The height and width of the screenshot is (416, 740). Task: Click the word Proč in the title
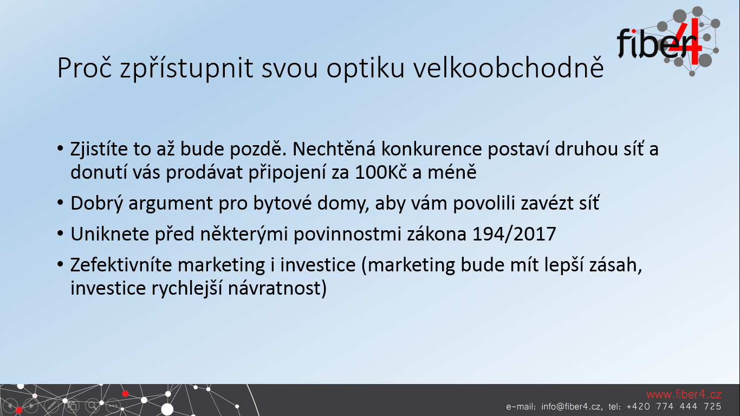(85, 68)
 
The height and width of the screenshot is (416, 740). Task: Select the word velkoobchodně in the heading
(509, 68)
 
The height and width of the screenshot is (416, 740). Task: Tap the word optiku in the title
(366, 70)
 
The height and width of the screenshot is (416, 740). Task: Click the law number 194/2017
(514, 234)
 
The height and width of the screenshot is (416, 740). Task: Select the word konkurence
(432, 149)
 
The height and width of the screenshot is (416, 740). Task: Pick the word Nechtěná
(334, 149)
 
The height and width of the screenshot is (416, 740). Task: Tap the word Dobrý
(97, 203)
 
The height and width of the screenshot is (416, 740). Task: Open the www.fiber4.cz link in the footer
(684, 394)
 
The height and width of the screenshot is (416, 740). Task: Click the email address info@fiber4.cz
(572, 407)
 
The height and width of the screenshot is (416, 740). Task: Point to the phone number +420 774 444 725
(674, 407)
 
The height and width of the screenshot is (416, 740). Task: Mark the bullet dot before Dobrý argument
(60, 202)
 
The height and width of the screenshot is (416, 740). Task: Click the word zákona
(437, 234)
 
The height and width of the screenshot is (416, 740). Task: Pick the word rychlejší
(187, 288)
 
